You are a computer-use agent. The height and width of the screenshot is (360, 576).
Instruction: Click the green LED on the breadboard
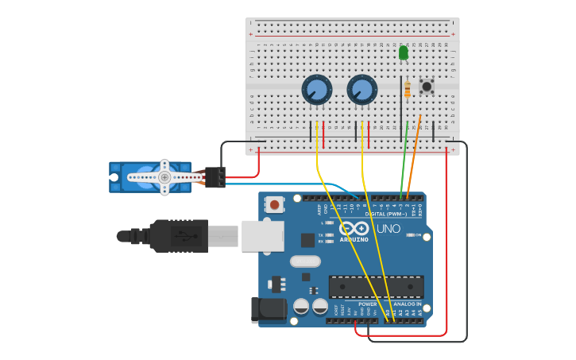point(403,52)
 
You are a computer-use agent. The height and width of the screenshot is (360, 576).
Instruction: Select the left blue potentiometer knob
point(316,90)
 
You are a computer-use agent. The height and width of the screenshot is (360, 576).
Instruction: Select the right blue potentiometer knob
point(361,90)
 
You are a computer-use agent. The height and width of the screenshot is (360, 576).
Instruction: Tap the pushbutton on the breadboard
point(427,86)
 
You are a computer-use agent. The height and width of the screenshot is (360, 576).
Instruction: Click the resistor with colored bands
point(408,90)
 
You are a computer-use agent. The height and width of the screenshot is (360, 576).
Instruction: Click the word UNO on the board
point(388,229)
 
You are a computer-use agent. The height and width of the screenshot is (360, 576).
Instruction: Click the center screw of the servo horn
point(164,177)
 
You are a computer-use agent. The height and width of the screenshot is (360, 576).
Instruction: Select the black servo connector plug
point(215,177)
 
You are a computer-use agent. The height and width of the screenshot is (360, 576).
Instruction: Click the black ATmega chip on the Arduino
point(376,287)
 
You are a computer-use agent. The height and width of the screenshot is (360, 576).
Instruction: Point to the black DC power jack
point(268,310)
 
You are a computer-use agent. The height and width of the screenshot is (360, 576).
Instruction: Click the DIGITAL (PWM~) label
point(385,214)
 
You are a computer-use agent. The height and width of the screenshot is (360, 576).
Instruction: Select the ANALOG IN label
point(407,304)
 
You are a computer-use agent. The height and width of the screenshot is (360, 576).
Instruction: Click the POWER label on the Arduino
point(367,304)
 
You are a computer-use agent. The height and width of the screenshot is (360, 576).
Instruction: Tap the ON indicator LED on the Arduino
point(409,235)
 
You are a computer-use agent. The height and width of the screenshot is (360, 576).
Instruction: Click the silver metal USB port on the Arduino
point(262,236)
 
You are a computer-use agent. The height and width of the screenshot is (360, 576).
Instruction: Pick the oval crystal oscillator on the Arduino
point(305,261)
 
